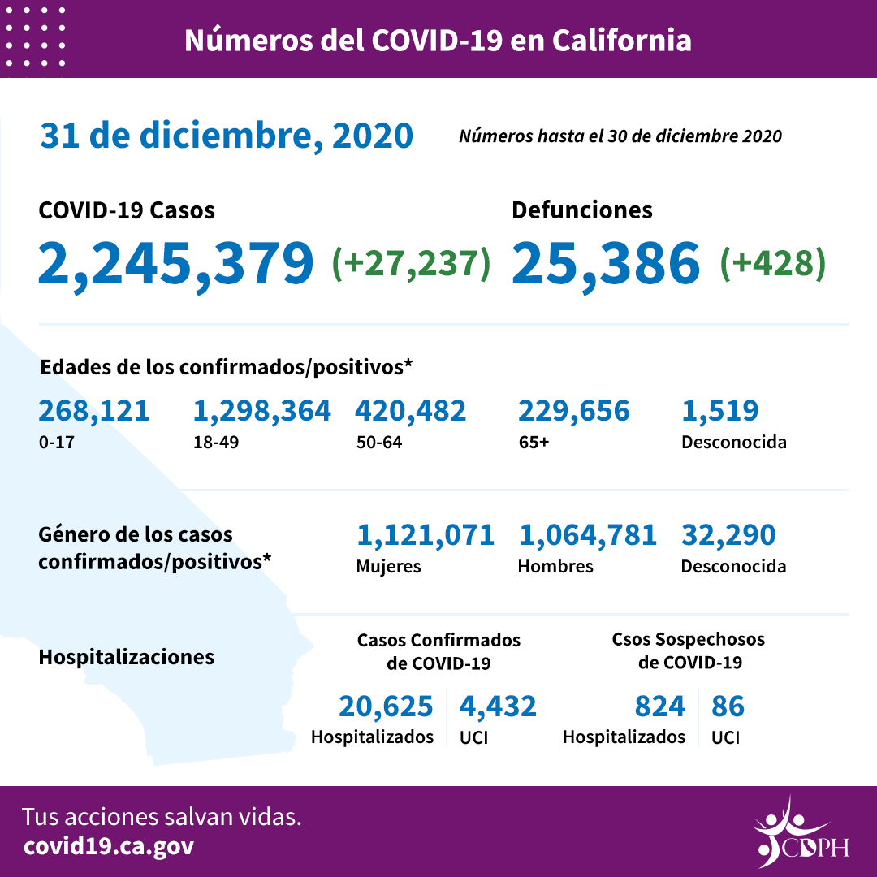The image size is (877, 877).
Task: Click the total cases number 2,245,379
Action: tap(175, 263)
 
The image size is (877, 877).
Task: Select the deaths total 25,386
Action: tap(606, 263)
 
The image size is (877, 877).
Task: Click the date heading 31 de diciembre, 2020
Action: tap(227, 136)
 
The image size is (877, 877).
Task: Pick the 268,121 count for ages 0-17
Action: tap(94, 411)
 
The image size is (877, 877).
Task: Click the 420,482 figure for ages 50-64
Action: tap(410, 411)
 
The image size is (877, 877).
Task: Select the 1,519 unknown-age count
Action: tap(719, 411)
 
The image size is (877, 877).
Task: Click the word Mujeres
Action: tap(388, 566)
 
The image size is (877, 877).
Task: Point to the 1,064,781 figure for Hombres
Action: tap(587, 535)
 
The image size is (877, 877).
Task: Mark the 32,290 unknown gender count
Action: tap(728, 535)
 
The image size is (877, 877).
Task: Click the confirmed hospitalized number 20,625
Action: tap(386, 706)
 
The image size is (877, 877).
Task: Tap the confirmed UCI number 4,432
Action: tap(498, 706)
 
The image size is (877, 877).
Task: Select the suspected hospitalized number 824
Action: tap(659, 706)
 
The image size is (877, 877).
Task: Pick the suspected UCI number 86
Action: tap(728, 706)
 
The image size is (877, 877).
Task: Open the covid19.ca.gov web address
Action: tap(109, 846)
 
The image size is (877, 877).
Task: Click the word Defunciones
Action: tap(581, 210)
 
